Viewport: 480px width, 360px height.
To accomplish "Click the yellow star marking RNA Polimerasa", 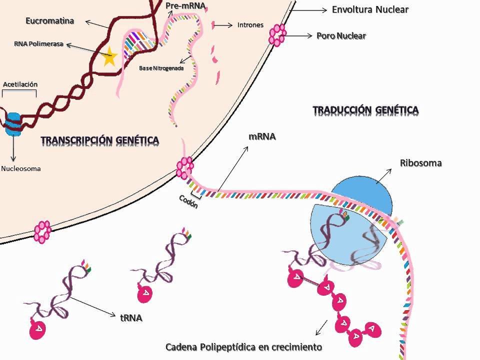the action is pyautogui.click(x=109, y=58).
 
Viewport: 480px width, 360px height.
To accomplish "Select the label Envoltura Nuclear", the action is pyautogui.click(x=370, y=9).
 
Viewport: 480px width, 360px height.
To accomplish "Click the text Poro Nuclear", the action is pyautogui.click(x=341, y=35).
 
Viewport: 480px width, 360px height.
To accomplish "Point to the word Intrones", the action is pyautogui.click(x=250, y=25).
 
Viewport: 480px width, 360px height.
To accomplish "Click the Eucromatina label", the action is pyautogui.click(x=50, y=21).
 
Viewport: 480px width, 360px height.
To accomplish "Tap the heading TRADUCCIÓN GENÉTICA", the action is pyautogui.click(x=365, y=109).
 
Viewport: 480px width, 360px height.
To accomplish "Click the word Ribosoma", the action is pyautogui.click(x=420, y=163).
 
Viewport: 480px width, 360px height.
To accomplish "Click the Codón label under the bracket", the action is pyautogui.click(x=188, y=201).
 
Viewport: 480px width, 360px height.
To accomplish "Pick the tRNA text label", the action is pyautogui.click(x=131, y=317).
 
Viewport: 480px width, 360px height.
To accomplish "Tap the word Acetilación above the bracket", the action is pyautogui.click(x=20, y=84).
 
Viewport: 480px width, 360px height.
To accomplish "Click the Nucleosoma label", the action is pyautogui.click(x=21, y=168).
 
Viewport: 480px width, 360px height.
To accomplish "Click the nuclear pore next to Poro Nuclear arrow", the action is pyautogui.click(x=277, y=35).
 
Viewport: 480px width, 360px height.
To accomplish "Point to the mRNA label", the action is pyautogui.click(x=262, y=136).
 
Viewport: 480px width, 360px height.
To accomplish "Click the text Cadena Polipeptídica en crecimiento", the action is pyautogui.click(x=243, y=346).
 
